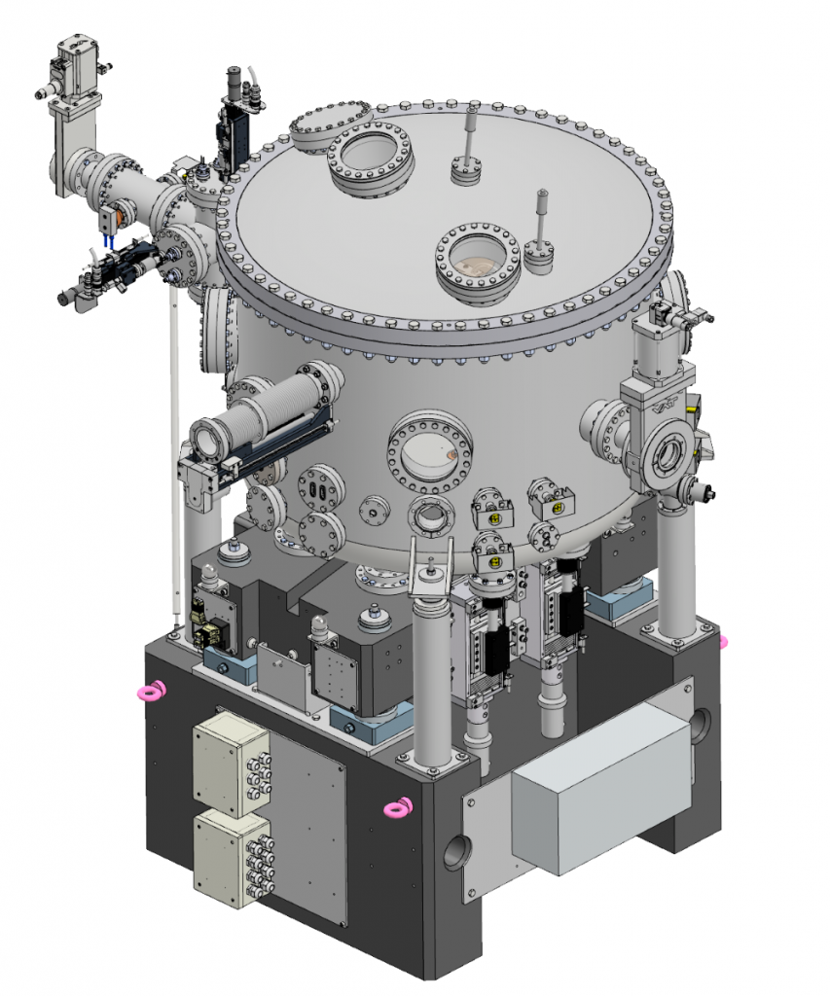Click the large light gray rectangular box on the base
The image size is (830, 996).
pyautogui.click(x=595, y=796)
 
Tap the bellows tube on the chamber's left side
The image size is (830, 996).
pyautogui.click(x=258, y=420)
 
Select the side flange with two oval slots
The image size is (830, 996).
pyautogui.click(x=318, y=491)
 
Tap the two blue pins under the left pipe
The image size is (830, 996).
pyautogui.click(x=110, y=239)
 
